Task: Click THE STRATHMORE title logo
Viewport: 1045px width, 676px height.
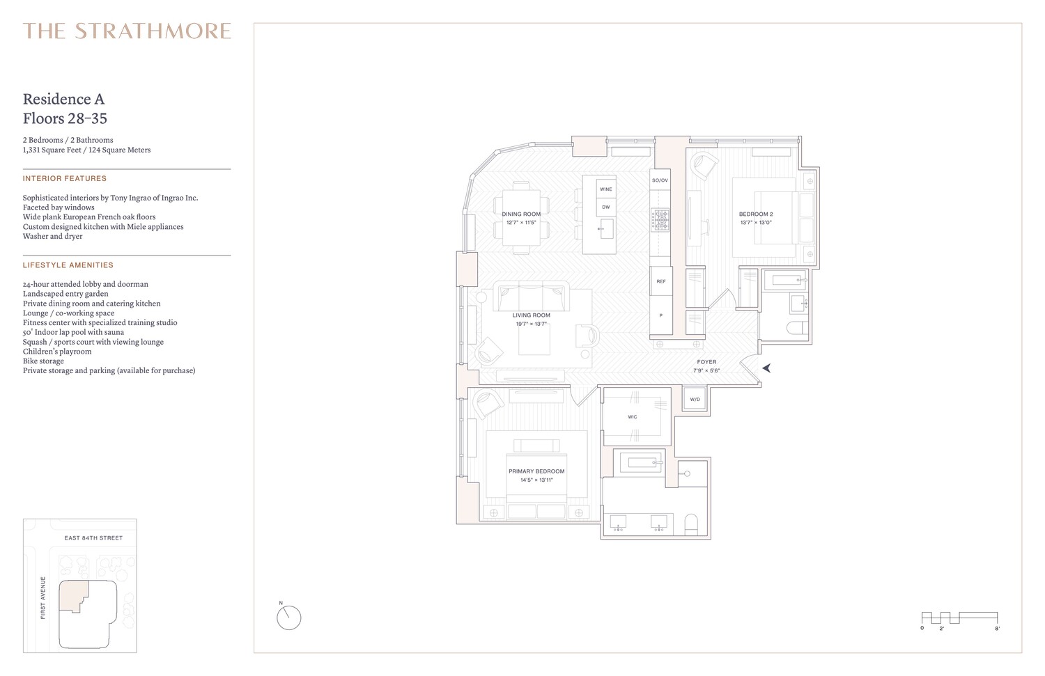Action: (127, 31)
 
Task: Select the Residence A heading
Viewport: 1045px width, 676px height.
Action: (63, 99)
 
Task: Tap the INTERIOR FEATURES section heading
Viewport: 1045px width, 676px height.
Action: (65, 179)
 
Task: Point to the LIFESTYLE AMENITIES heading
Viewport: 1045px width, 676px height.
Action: (68, 265)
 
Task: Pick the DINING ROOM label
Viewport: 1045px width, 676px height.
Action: (521, 214)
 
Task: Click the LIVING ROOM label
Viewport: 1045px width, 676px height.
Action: (532, 315)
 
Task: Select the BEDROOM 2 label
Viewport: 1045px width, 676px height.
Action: (756, 214)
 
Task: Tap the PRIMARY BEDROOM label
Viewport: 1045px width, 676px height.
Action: (536, 471)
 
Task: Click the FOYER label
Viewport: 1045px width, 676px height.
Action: (706, 362)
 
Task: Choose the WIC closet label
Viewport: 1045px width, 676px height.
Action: (633, 417)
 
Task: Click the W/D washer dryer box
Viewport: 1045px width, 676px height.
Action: (695, 400)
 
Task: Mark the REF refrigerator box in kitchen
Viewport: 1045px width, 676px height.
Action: (661, 281)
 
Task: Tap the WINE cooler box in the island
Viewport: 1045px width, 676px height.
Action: (606, 189)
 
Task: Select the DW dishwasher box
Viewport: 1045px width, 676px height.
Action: (606, 207)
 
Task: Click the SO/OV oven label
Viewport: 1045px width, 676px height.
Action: (660, 180)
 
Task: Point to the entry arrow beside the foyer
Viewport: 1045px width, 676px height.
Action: (766, 368)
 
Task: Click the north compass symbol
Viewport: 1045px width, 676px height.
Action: (288, 617)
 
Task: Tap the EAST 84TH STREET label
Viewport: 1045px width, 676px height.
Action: (93, 538)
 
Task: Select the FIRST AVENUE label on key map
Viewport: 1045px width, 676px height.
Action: (43, 597)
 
